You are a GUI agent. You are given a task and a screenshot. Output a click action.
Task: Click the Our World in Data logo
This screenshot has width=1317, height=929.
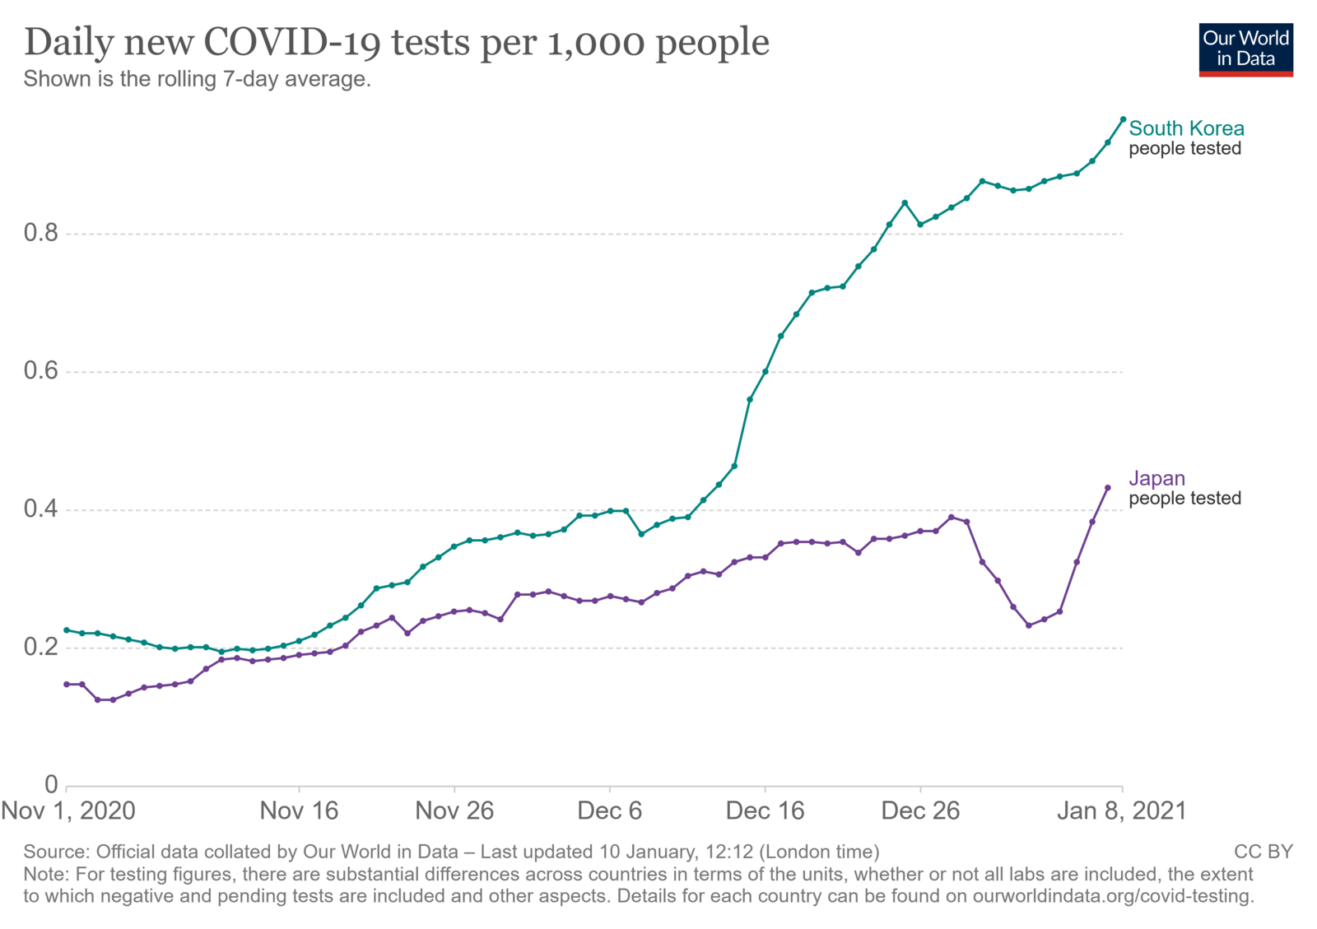pos(1245,50)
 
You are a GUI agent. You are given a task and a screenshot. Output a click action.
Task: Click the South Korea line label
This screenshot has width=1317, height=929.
pos(1186,128)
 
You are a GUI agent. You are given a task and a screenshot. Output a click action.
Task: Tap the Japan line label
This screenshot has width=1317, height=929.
pos(1156,478)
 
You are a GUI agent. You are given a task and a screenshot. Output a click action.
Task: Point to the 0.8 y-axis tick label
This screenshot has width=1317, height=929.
pos(41,233)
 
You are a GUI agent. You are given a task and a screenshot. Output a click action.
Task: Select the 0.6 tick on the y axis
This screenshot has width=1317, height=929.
pos(41,371)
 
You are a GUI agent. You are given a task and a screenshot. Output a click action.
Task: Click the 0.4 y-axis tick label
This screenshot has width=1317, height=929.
pos(41,509)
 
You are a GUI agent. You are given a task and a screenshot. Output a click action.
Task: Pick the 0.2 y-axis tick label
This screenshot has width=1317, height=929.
pos(41,647)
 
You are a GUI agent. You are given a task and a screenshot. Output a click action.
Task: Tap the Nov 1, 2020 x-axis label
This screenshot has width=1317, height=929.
pos(68,811)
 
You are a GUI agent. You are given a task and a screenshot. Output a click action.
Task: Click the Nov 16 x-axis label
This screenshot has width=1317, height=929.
pos(299,811)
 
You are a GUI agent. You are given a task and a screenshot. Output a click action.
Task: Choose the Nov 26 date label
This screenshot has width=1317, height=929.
pos(454,811)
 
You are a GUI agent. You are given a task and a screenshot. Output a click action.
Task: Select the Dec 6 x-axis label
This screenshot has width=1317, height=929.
pos(610,811)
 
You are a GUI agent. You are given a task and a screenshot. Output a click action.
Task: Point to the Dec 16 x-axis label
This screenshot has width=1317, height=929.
pos(765,811)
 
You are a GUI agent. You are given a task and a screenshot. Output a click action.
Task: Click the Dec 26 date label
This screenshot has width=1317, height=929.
pos(920,811)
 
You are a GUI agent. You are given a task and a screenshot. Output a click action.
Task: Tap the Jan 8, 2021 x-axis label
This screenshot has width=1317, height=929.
pos(1122,811)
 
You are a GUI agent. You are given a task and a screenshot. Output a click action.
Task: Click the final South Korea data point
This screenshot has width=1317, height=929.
pos(1123,119)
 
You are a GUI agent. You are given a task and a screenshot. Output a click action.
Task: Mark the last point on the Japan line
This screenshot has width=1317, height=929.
pos(1108,488)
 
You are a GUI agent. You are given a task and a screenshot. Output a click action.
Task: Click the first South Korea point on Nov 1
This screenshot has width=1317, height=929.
pos(67,630)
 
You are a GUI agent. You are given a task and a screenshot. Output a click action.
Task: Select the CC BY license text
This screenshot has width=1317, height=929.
pos(1263,852)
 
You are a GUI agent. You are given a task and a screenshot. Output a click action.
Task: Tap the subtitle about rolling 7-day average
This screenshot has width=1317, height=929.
pos(197,79)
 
